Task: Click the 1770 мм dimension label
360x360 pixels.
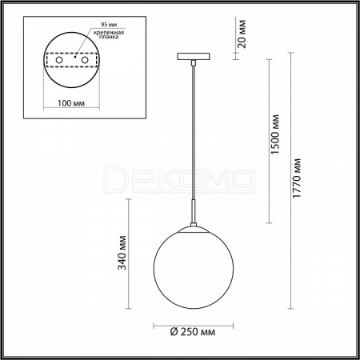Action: [x=297, y=178]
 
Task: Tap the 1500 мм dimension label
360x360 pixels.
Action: [x=275, y=134]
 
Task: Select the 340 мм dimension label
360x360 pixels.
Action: [x=122, y=253]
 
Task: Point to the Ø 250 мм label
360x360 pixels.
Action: [x=193, y=332]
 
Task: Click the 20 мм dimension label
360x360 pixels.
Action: [x=242, y=34]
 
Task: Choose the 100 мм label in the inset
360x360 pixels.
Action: [x=71, y=103]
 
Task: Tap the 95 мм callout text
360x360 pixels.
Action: [x=109, y=25]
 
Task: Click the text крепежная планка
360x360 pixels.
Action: [x=109, y=34]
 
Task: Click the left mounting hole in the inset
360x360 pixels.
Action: [x=59, y=60]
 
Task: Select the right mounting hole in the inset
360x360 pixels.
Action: [x=85, y=60]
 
